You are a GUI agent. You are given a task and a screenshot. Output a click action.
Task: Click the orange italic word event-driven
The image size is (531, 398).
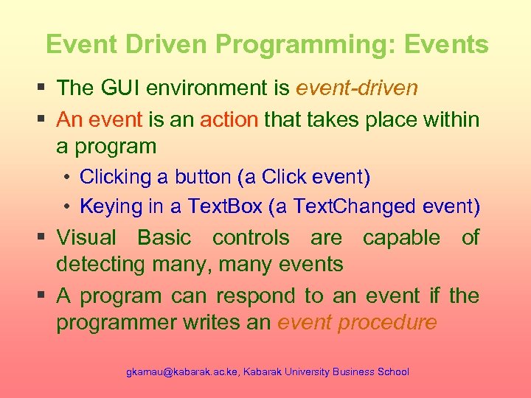356,88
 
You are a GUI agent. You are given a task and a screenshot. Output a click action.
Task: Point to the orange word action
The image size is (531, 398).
229,119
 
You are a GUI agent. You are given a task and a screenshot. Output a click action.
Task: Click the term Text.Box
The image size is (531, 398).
223,206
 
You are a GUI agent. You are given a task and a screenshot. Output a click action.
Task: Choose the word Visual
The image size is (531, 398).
86,237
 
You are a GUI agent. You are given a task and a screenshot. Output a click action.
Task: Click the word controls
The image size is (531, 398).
251,237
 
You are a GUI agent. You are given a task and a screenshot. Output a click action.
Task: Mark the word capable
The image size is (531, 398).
401,237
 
